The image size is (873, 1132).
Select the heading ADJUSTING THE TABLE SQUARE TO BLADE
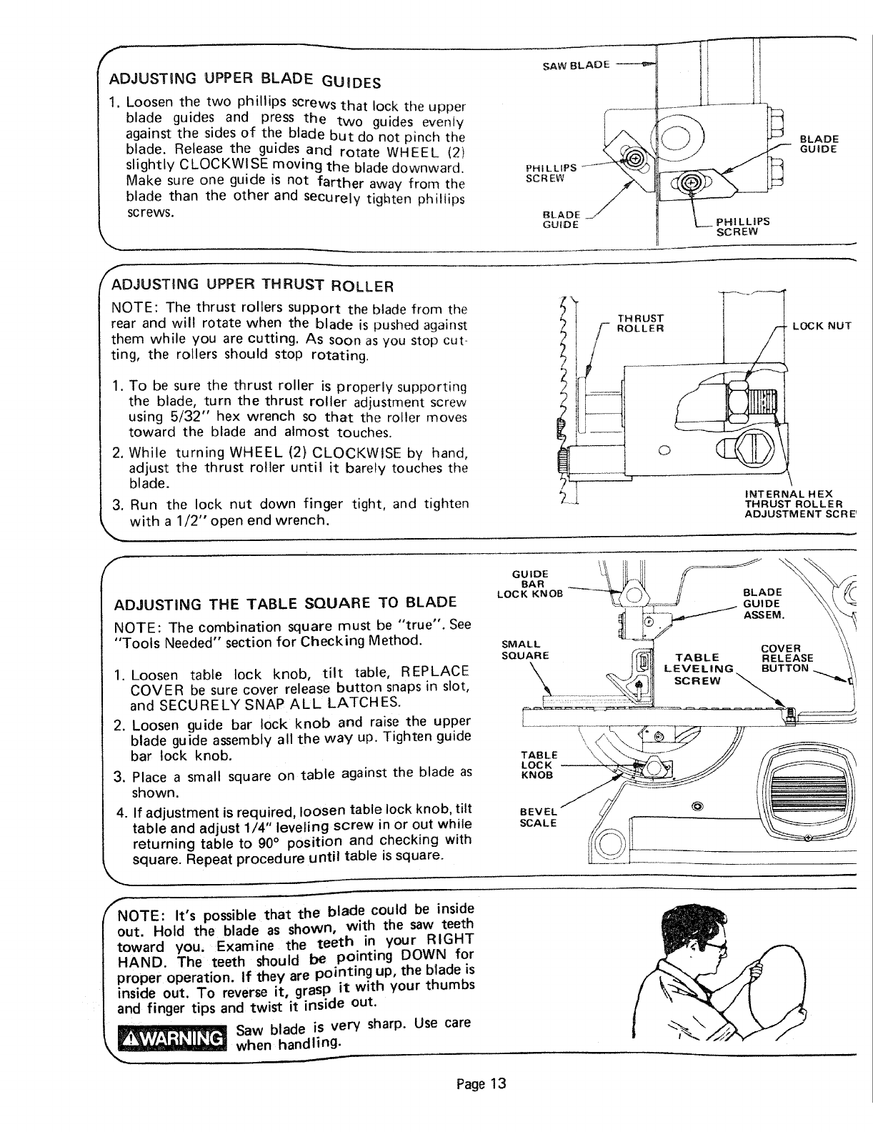285,601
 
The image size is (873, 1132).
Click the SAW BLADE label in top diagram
576,65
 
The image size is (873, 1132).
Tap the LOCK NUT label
822,326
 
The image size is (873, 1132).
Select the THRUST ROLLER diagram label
641,324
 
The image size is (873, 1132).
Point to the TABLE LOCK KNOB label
539,765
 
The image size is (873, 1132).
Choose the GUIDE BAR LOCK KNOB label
530,583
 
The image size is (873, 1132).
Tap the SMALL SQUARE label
525,650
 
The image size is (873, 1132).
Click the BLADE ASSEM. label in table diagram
763,603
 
